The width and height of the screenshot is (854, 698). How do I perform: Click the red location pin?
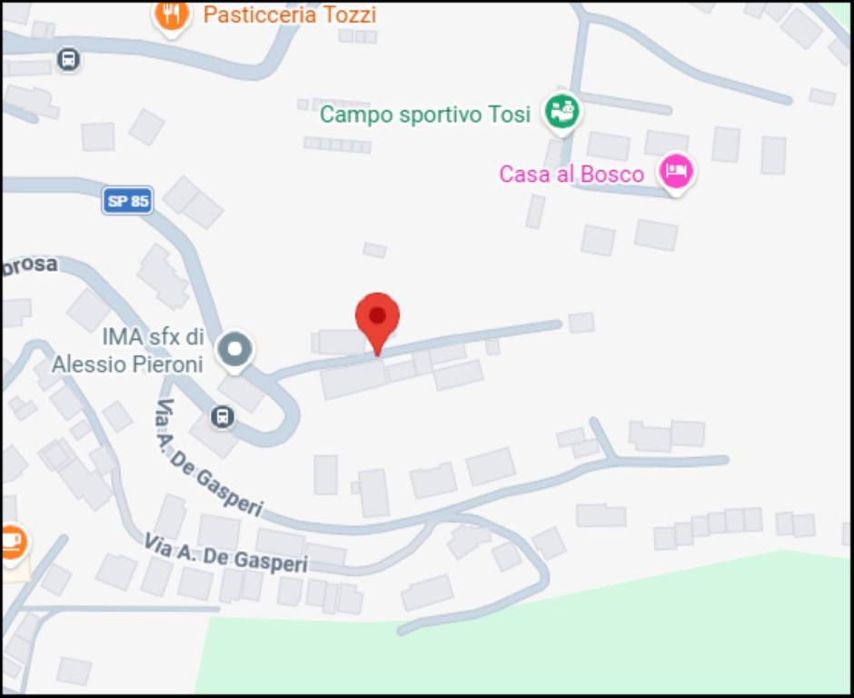377,318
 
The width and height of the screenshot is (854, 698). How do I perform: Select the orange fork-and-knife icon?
171,14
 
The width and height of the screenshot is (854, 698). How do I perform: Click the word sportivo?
437,115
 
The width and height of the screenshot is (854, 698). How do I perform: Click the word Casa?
523,174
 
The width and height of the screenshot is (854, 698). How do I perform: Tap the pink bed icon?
676,170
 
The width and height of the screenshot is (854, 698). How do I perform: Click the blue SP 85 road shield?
127,201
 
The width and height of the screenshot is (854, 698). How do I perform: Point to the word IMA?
123,337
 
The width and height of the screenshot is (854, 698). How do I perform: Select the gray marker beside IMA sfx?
235,348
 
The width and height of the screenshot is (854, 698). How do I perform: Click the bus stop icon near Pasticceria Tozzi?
67,60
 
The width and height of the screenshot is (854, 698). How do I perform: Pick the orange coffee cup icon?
11,543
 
